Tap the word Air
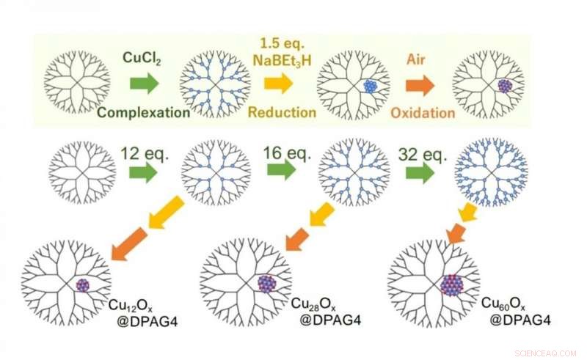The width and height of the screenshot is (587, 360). pyautogui.click(x=417, y=56)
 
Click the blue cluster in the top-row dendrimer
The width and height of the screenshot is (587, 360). pyautogui.click(x=371, y=86)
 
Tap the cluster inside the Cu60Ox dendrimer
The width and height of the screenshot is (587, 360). pyautogui.click(x=452, y=284)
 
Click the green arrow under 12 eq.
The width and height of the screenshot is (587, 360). pyautogui.click(x=142, y=173)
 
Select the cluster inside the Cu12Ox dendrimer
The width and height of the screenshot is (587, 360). pyautogui.click(x=83, y=284)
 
